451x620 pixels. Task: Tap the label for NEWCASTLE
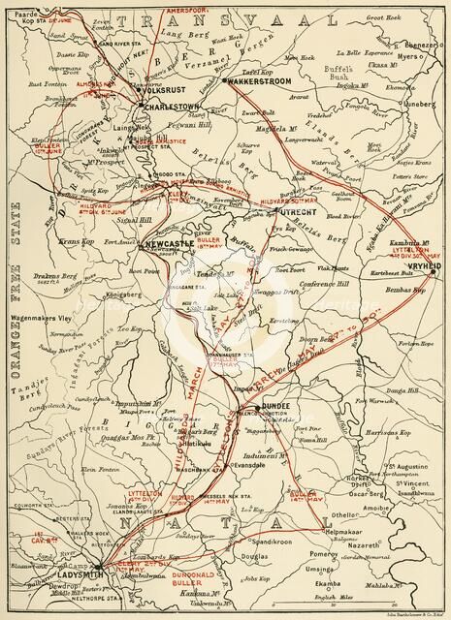(168, 244)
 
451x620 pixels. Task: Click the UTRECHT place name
(291, 209)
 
